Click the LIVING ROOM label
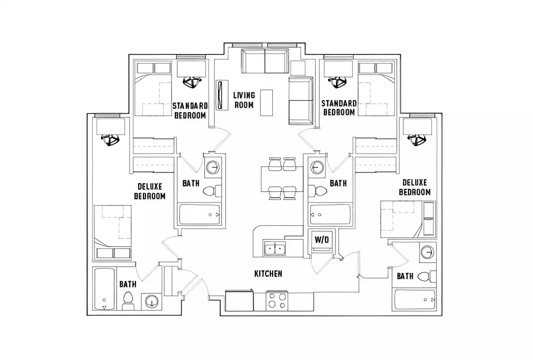pyautogui.click(x=244, y=100)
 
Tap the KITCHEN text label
pyautogui.click(x=268, y=274)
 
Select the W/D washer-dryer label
pyautogui.click(x=322, y=240)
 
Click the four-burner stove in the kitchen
pyautogui.click(x=277, y=301)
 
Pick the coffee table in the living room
pyautogui.click(x=266, y=103)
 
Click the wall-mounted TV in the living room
pyautogui.click(x=220, y=95)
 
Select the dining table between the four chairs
pyautogui.click(x=282, y=179)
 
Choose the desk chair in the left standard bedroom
pyautogui.click(x=192, y=82)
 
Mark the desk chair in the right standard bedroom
pyautogui.click(x=338, y=82)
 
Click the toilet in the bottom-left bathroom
pyautogui.click(x=128, y=299)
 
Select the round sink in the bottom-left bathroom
pyautogui.click(x=151, y=301)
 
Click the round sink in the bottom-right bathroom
pyautogui.click(x=426, y=253)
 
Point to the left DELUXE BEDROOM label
pyautogui.click(x=150, y=191)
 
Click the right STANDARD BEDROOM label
pyautogui.click(x=339, y=108)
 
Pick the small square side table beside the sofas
pyautogui.click(x=298, y=67)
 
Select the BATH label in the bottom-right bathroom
pyautogui.click(x=405, y=276)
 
